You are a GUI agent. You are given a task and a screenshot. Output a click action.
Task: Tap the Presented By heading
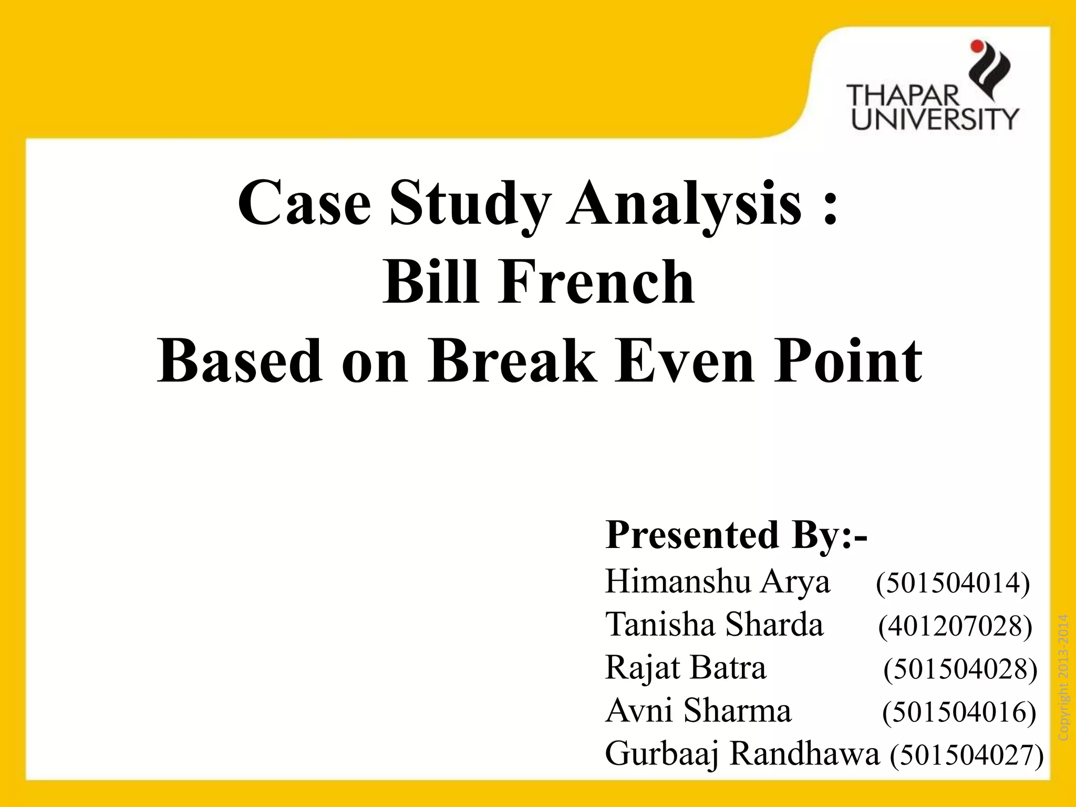point(736,535)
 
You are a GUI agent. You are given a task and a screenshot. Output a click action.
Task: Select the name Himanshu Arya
point(717,582)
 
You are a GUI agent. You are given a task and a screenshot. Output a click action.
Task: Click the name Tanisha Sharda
point(714,625)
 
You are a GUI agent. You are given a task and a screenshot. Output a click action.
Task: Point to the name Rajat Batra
point(686,668)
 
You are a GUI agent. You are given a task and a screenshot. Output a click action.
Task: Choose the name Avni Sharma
point(698,711)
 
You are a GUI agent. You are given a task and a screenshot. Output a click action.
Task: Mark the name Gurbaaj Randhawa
point(742,754)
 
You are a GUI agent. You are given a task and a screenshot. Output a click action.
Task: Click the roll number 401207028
point(955,626)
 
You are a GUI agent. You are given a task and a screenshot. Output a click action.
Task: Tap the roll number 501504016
point(959,712)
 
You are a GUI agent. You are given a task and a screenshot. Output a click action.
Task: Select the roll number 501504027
point(966,756)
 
